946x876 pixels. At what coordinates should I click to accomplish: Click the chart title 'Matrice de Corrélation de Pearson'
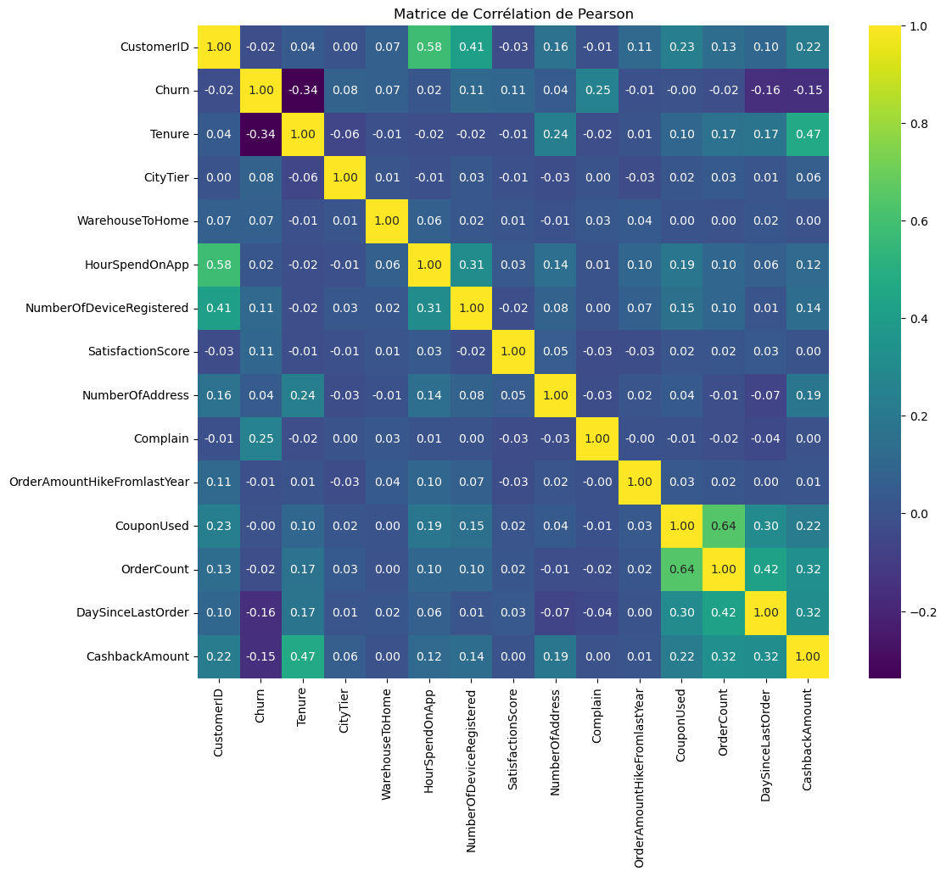pyautogui.click(x=513, y=14)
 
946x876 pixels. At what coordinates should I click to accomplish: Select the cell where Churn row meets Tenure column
pyautogui.click(x=303, y=90)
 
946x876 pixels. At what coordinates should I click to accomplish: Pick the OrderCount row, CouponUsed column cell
pyautogui.click(x=682, y=569)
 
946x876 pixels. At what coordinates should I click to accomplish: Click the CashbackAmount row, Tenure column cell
pyautogui.click(x=303, y=656)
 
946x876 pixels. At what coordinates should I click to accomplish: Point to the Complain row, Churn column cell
pyautogui.click(x=260, y=438)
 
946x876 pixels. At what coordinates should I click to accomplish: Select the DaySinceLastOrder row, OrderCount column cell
pyautogui.click(x=724, y=613)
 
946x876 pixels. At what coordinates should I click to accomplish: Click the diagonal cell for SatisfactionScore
pyautogui.click(x=513, y=351)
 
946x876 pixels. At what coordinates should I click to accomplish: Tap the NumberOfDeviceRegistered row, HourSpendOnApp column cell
pyautogui.click(x=429, y=308)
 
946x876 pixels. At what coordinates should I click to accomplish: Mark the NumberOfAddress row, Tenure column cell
pyautogui.click(x=303, y=395)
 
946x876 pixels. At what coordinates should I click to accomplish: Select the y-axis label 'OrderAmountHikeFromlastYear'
pyautogui.click(x=98, y=483)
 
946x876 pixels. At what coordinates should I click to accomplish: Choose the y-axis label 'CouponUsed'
pyautogui.click(x=152, y=526)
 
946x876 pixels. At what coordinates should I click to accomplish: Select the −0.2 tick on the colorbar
pyautogui.click(x=911, y=611)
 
